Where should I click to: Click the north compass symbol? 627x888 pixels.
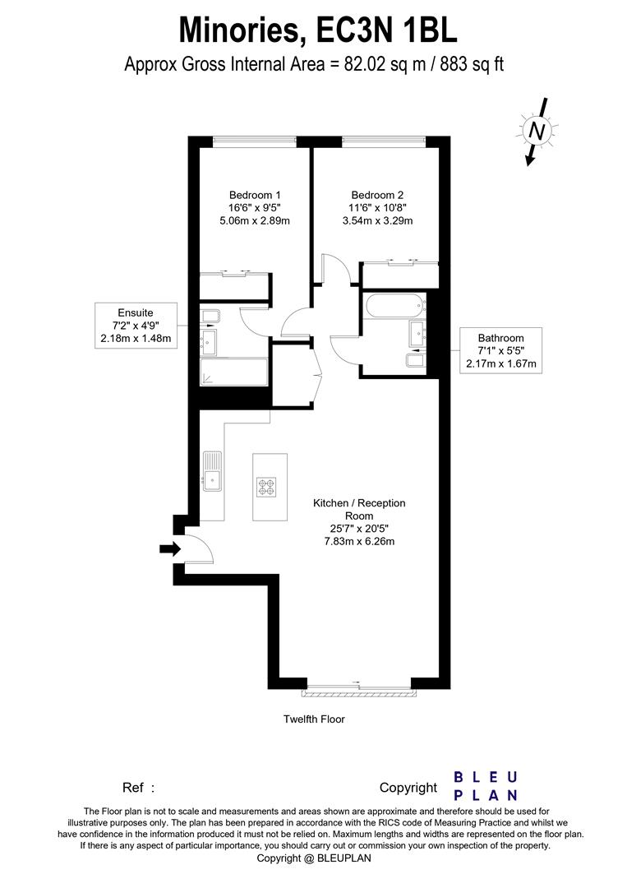pyautogui.click(x=537, y=130)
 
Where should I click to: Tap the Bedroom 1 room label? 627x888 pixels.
pyautogui.click(x=250, y=195)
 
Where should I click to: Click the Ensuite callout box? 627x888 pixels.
pyautogui.click(x=136, y=326)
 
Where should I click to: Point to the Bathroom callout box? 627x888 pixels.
pyautogui.click(x=500, y=350)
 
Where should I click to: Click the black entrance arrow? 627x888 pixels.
pyautogui.click(x=169, y=549)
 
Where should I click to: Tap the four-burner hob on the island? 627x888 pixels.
pyautogui.click(x=266, y=488)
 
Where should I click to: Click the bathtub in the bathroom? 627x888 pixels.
pyautogui.click(x=396, y=306)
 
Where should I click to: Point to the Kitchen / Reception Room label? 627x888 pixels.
pyautogui.click(x=358, y=509)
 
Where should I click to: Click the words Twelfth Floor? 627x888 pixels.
pyautogui.click(x=314, y=719)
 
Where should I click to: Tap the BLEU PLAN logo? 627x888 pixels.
pyautogui.click(x=486, y=786)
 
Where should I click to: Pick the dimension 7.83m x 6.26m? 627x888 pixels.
pyautogui.click(x=358, y=541)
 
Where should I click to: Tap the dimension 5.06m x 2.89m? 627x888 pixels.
pyautogui.click(x=250, y=220)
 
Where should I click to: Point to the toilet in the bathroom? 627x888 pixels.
pyautogui.click(x=415, y=360)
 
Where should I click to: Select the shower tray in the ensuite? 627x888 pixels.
pyautogui.click(x=234, y=372)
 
